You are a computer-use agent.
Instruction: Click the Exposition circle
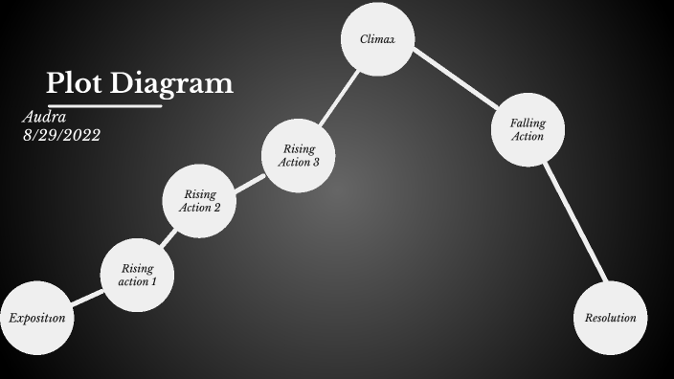tap(36, 318)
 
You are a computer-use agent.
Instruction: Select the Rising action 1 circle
tap(137, 275)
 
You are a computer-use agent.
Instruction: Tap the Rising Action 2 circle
tap(200, 201)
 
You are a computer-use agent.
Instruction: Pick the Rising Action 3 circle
tap(299, 155)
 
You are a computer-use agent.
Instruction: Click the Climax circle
tap(378, 39)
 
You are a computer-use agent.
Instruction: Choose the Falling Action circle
tap(528, 129)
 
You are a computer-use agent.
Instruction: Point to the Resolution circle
tap(610, 318)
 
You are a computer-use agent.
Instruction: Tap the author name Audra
tap(43, 117)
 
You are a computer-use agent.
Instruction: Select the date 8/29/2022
tap(61, 135)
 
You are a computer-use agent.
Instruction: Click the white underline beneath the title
tap(104, 105)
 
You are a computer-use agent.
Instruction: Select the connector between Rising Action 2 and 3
tap(249, 180)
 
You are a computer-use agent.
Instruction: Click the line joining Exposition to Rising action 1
tap(86, 296)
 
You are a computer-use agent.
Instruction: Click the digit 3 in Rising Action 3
tap(316, 162)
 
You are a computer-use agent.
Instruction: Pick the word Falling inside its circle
tap(528, 123)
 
